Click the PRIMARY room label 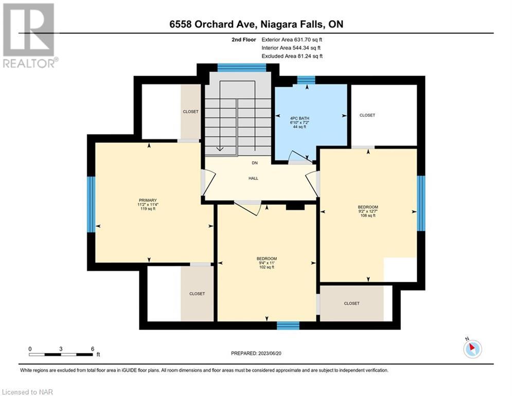tap(148, 200)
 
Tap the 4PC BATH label tap(299, 119)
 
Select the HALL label tap(253, 178)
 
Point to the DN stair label tap(255, 163)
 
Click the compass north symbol tap(472, 349)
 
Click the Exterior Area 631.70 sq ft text tap(292, 40)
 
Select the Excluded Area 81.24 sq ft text tap(292, 56)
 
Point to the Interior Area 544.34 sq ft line tap(291, 48)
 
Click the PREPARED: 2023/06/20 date tap(256, 353)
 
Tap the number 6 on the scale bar tap(93, 349)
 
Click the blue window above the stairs tap(242, 68)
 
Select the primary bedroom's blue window tap(91, 205)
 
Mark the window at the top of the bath tap(306, 80)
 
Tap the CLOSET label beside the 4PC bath tap(367, 115)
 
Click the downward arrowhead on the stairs tap(220, 149)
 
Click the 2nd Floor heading tap(244, 40)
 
